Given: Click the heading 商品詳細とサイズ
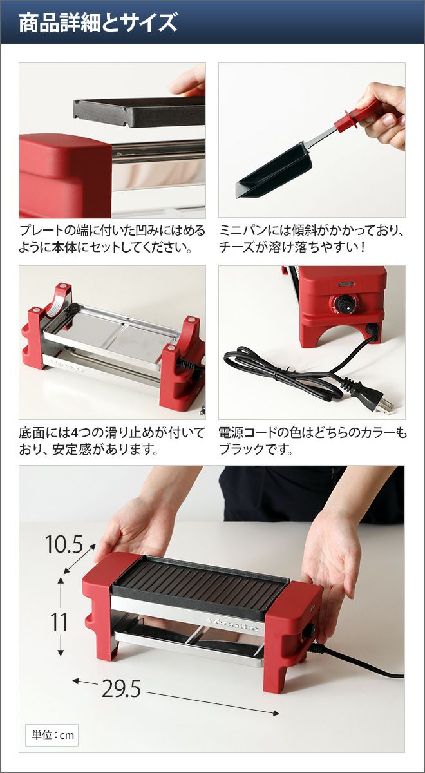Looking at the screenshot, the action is [98, 23].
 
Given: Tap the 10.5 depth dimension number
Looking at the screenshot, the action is [64, 545].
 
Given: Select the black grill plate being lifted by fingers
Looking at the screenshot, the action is [139, 111].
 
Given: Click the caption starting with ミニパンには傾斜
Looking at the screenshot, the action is [310, 239].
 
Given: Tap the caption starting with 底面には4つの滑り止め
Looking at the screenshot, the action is [112, 441].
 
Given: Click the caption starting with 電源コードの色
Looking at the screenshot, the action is [312, 441].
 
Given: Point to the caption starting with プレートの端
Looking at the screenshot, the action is [112, 239].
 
